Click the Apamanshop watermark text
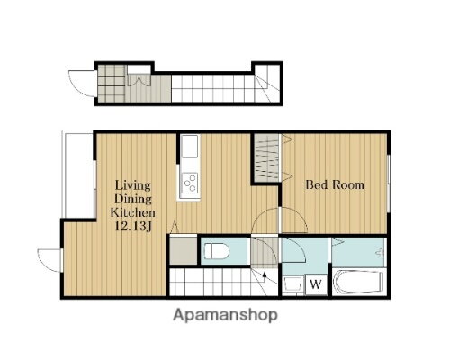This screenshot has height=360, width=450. click(225, 316)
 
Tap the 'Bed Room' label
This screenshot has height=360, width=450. click(335, 184)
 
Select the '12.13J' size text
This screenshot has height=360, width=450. click(133, 227)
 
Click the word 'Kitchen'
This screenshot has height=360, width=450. click(133, 212)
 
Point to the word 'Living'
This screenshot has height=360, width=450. click(133, 185)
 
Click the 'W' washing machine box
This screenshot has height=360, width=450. click(316, 283)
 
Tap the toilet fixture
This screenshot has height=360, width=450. click(217, 251)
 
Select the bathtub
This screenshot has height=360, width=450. click(358, 283)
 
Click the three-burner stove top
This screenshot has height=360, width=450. click(191, 183)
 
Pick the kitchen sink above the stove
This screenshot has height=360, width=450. click(190, 146)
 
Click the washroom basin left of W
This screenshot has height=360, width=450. click(292, 284)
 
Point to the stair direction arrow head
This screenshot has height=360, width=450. click(265, 274)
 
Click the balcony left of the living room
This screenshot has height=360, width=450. click(77, 174)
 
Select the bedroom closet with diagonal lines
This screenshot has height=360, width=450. click(267, 157)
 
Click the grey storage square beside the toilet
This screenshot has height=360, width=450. click(184, 251)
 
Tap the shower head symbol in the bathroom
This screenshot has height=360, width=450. click(380, 253)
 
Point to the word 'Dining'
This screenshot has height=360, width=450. click(133, 199)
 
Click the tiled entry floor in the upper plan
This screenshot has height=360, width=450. click(112, 84)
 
